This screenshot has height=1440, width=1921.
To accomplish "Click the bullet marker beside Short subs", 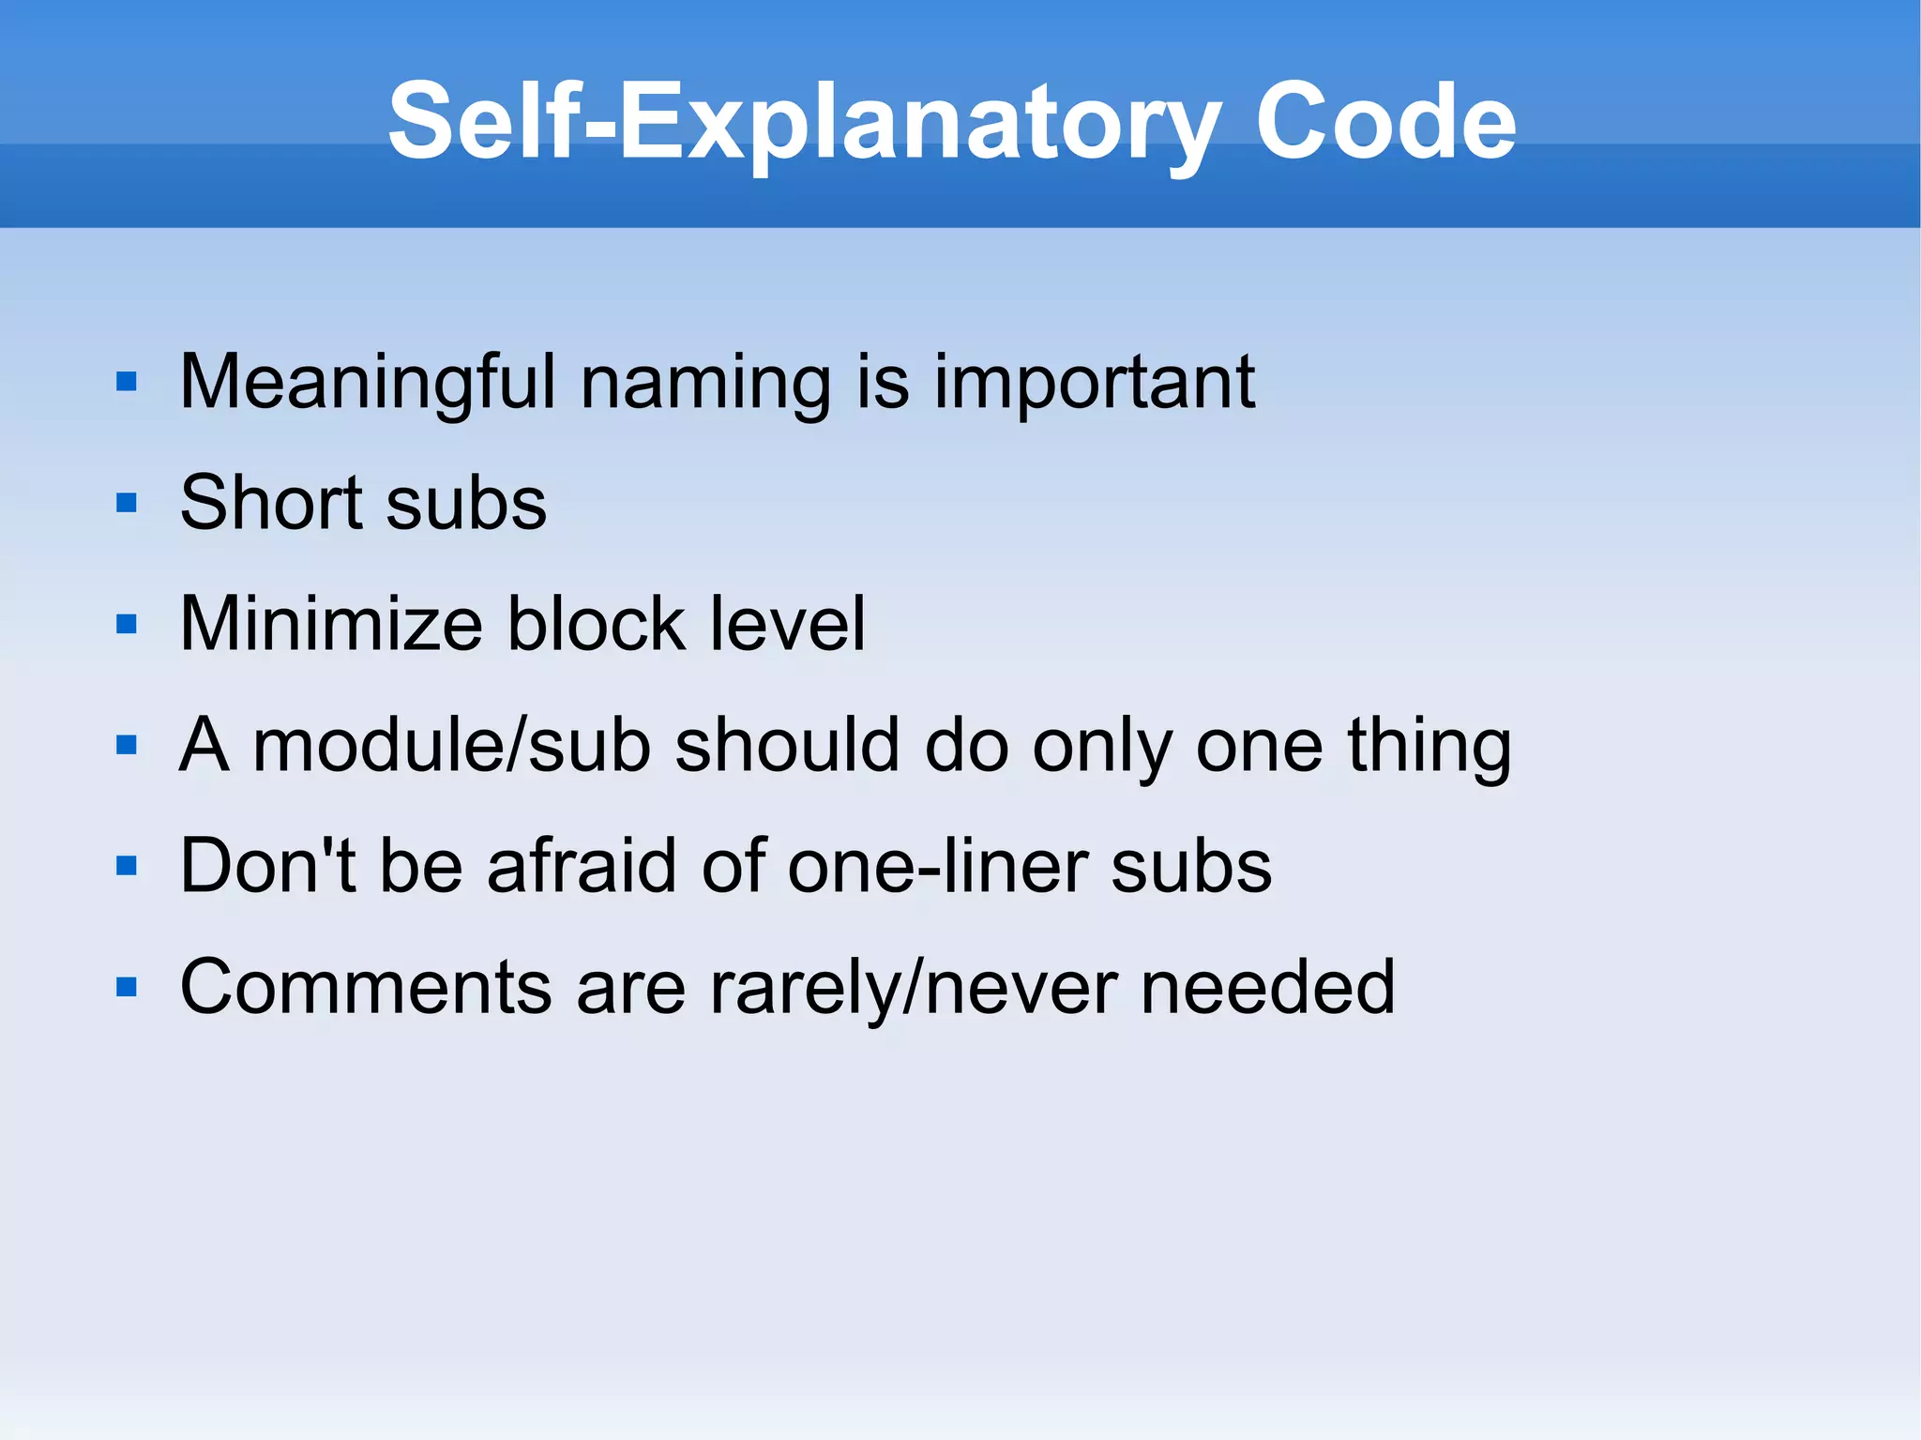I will point(127,504).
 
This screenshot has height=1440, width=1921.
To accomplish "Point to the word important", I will point(1094,383).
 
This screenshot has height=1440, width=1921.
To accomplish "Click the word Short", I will point(270,503).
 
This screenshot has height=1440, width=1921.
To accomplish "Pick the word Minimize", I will point(331,624).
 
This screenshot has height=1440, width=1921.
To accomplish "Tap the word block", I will point(597,624).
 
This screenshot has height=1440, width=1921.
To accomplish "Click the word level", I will point(788,624).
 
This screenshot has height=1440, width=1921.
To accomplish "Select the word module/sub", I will point(451,745).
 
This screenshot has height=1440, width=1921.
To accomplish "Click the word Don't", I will point(267,865).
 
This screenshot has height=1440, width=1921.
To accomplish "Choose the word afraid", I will point(583,865).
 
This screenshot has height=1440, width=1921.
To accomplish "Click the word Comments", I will point(366,987).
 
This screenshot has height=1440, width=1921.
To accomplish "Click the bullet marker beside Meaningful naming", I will point(127,383).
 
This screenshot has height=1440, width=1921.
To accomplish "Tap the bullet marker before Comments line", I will point(127,987).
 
